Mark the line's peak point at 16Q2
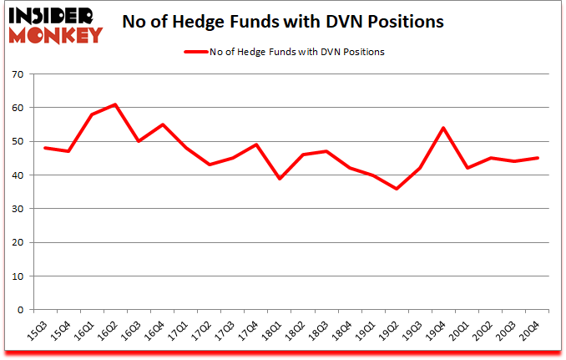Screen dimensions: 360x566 click(x=115, y=104)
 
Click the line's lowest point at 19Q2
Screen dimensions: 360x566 click(x=396, y=189)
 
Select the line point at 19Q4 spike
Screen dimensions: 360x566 click(x=442, y=128)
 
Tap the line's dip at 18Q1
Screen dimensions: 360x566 click(x=279, y=179)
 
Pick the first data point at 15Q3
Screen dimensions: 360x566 click(x=45, y=148)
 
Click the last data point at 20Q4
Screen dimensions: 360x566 click(x=536, y=158)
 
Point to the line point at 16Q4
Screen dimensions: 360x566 click(x=162, y=124)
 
